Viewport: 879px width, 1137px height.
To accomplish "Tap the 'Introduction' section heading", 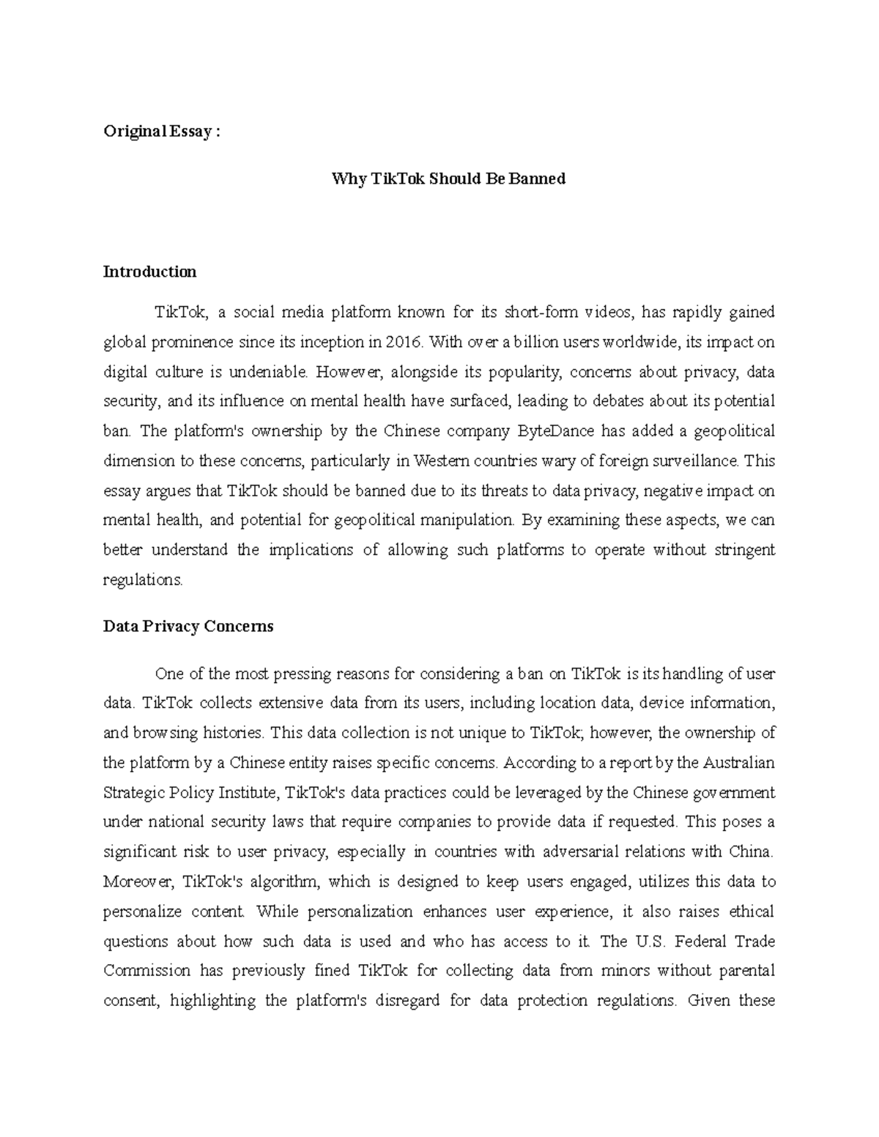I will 149,272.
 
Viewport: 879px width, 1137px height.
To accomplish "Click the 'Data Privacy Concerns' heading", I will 188,626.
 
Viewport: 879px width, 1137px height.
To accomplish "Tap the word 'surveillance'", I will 696,461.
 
